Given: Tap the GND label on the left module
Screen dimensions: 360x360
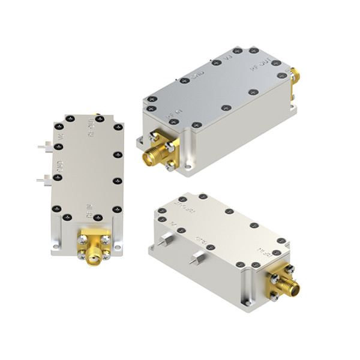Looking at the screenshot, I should tap(59, 169).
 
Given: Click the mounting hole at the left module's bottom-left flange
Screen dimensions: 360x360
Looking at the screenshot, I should tap(56, 245).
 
